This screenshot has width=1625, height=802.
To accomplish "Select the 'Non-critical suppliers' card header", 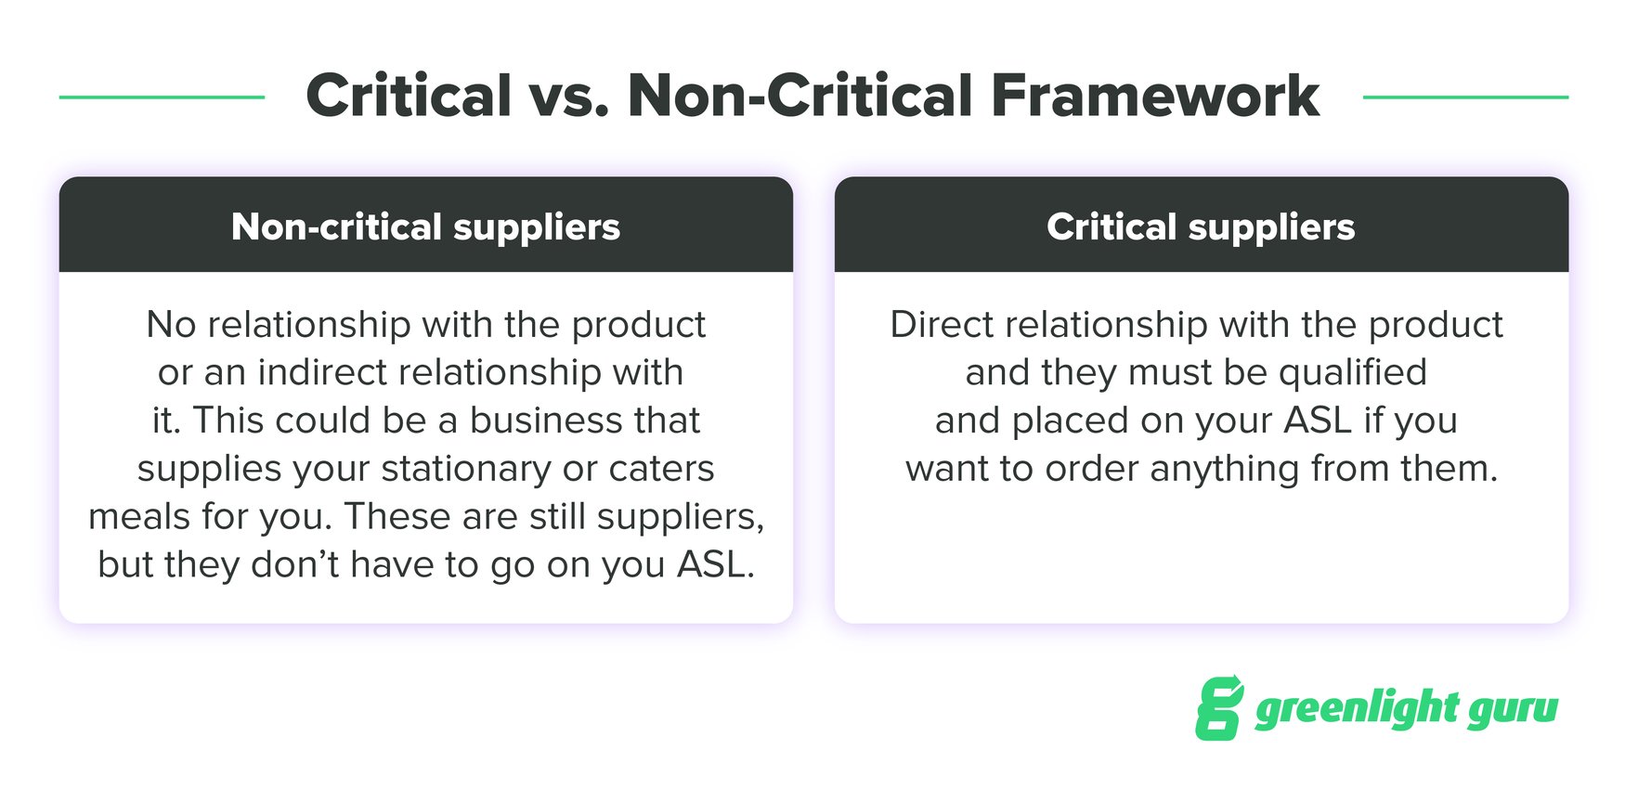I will coord(425,226).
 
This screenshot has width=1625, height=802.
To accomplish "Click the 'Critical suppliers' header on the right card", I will coord(1201,226).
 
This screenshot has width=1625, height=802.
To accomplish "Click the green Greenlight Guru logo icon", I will coord(1219,708).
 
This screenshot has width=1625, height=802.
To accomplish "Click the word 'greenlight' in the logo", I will coord(1357,709).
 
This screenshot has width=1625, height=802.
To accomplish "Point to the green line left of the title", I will coord(162,97).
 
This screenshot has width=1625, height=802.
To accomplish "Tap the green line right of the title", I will coord(1465,97).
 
